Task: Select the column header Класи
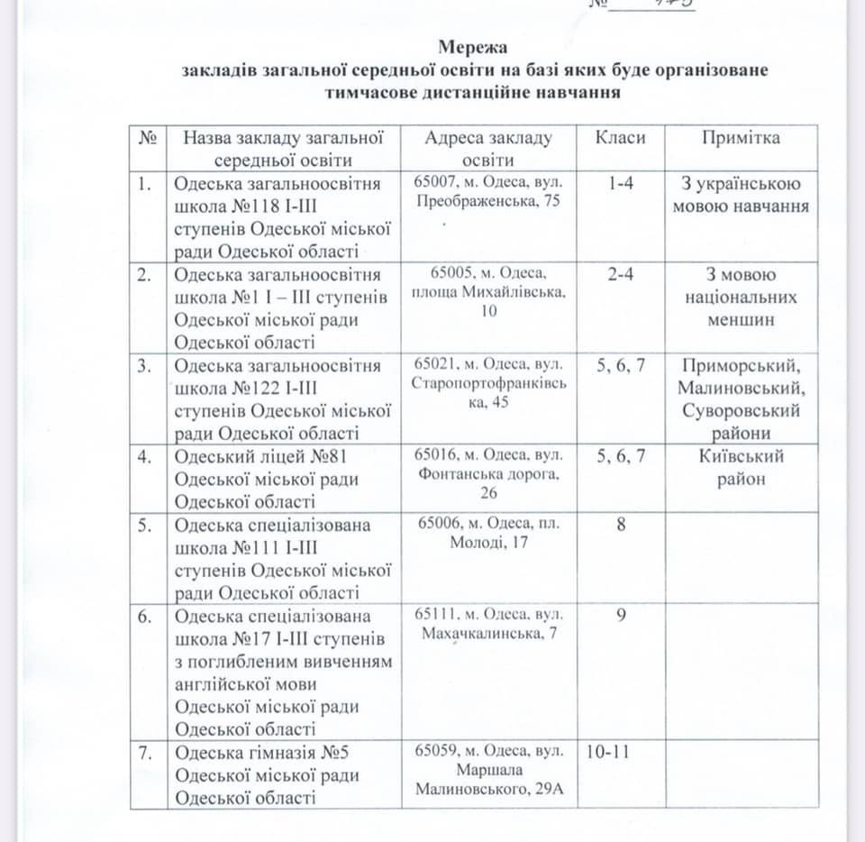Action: coord(621,138)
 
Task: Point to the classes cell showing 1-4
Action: coord(621,185)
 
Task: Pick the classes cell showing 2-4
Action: coord(621,275)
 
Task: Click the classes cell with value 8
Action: coord(621,524)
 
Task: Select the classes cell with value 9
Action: coord(621,615)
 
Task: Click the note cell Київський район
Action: coord(741,467)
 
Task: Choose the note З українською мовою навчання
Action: coord(741,196)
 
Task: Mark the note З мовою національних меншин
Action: coord(741,297)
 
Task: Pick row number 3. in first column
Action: coord(144,365)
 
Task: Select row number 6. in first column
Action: coord(144,616)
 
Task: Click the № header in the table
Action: coord(148,138)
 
